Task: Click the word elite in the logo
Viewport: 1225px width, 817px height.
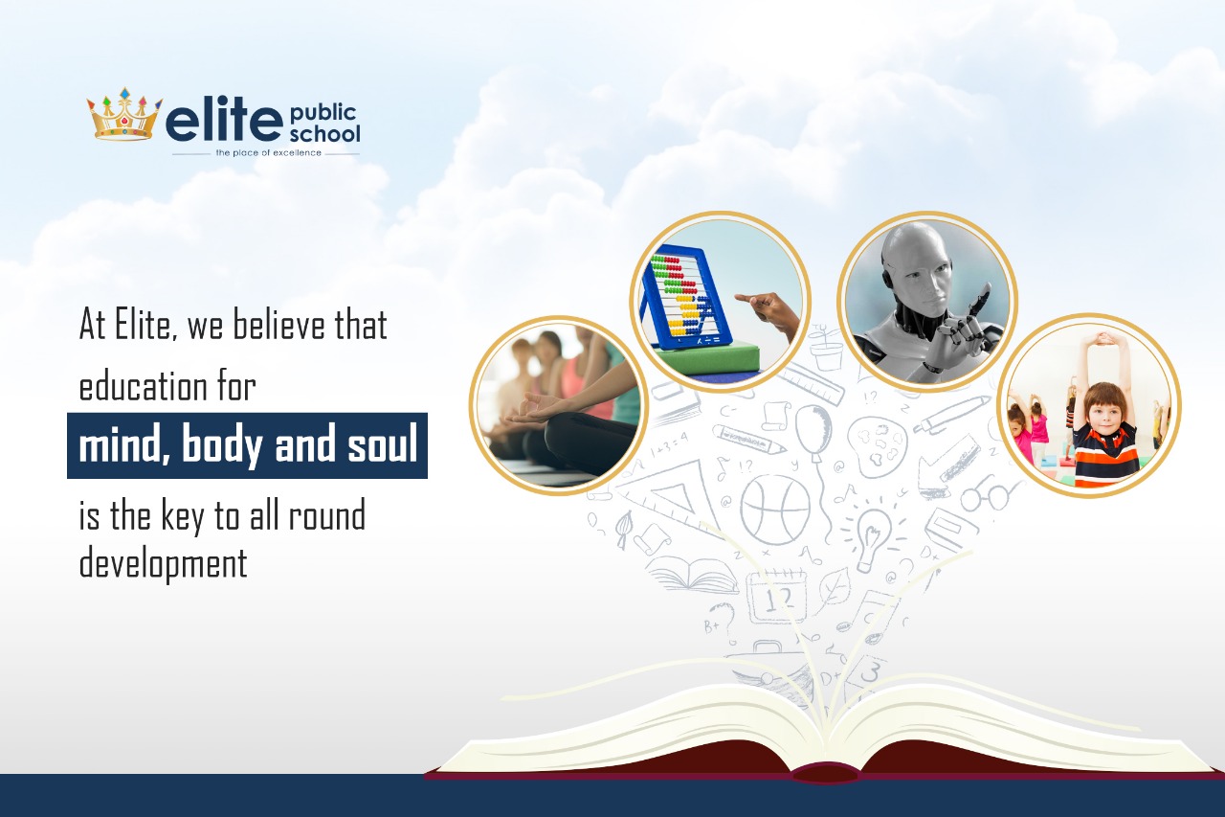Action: pos(223,121)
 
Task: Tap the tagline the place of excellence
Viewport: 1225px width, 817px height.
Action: pos(268,153)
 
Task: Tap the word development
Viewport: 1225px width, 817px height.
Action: pos(163,565)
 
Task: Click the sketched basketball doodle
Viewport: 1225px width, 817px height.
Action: pos(775,510)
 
